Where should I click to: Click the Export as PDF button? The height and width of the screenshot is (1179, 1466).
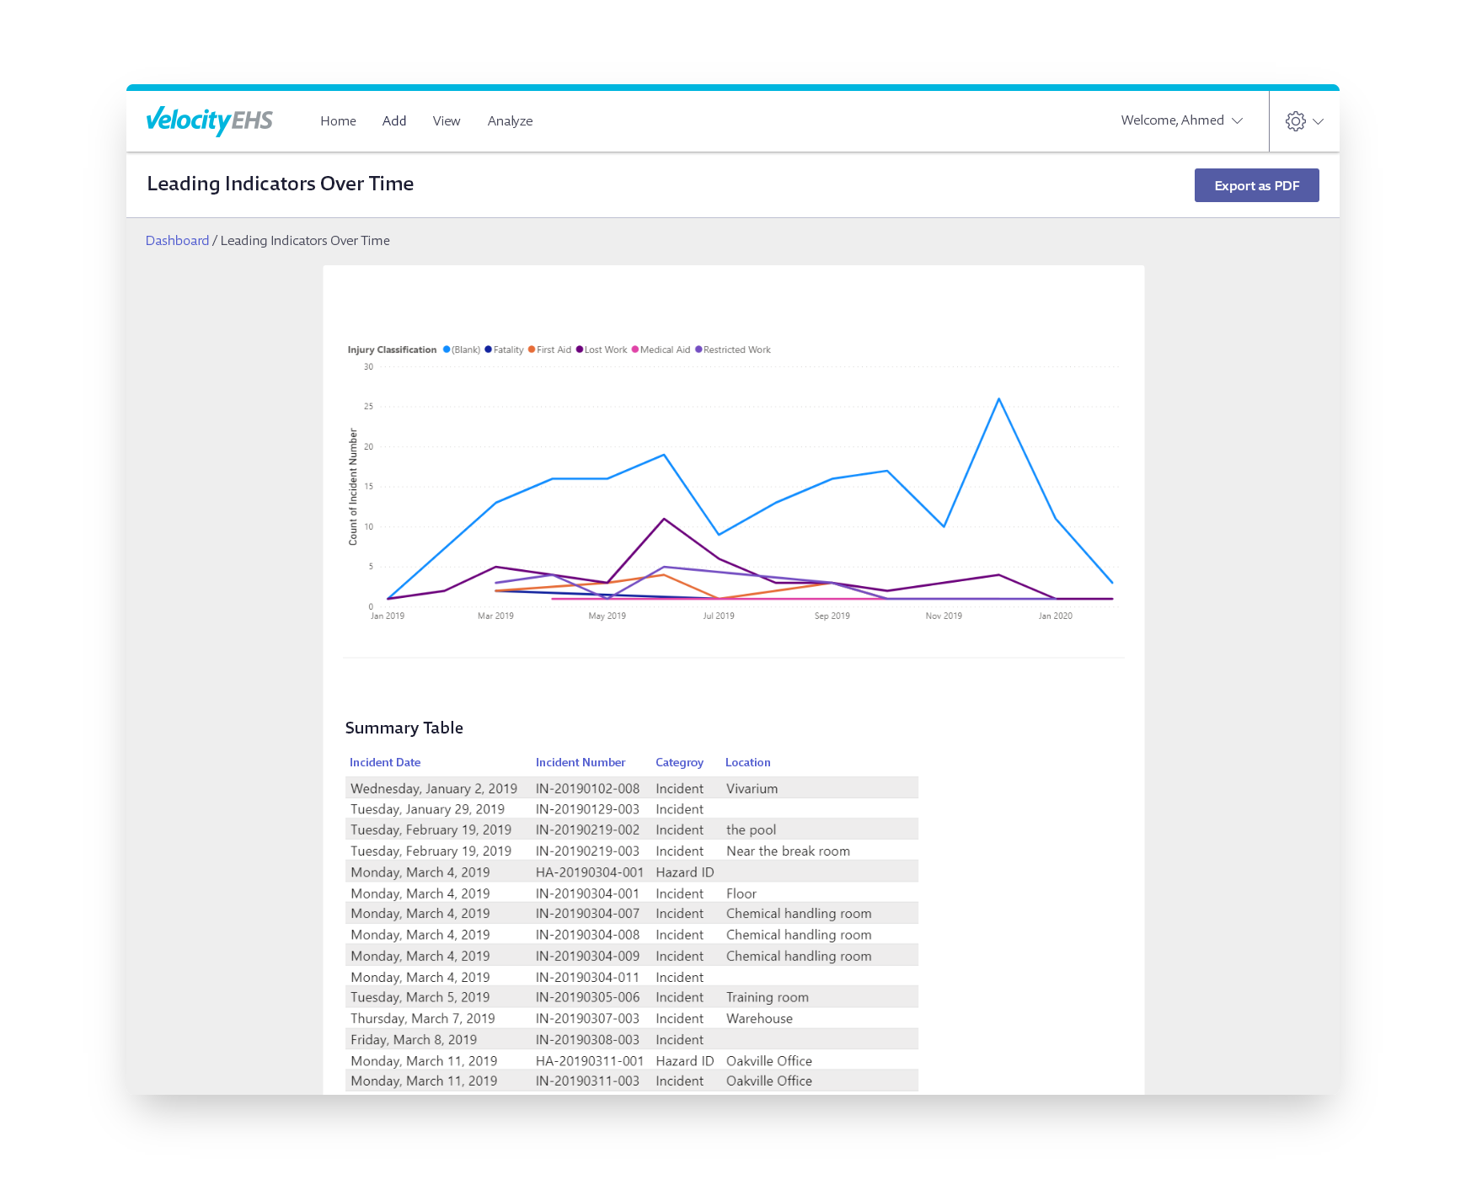point(1256,185)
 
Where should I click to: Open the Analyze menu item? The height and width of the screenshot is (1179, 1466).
point(510,121)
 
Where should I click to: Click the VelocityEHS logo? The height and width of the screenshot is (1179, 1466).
point(210,120)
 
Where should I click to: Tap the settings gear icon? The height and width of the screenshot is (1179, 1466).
point(1295,121)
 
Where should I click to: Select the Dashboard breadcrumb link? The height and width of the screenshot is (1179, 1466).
point(177,241)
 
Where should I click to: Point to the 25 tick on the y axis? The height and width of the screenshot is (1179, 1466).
point(368,407)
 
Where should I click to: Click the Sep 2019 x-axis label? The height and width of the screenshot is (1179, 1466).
point(832,616)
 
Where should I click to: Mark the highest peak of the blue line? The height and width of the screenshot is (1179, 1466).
point(999,399)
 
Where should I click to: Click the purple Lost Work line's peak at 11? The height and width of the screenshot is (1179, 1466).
point(664,519)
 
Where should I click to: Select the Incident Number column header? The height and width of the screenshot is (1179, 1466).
point(581,762)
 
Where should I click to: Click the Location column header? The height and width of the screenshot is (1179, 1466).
point(747,762)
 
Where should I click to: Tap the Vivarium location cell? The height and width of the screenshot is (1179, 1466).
point(752,789)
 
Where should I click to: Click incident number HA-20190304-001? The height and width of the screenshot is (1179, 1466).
point(589,872)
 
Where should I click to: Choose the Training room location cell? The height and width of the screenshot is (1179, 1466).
point(767,997)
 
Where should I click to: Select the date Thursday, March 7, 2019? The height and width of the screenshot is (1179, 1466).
point(423,1018)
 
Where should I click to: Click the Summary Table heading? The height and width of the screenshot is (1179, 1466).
point(404,728)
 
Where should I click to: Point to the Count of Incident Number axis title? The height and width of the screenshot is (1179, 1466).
point(353,487)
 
